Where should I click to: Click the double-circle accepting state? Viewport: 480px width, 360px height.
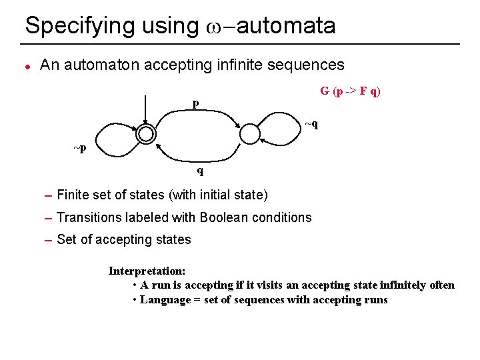[x=145, y=134]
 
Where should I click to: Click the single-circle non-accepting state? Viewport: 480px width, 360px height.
[x=249, y=134]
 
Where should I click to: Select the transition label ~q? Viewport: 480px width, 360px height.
[x=311, y=124]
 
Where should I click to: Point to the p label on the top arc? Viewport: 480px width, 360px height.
[x=195, y=103]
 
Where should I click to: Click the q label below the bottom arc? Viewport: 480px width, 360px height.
[x=199, y=170]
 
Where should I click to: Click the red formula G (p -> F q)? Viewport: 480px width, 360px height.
[x=350, y=91]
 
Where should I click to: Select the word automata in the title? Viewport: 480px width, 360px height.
[x=287, y=27]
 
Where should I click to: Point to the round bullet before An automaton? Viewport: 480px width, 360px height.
[x=27, y=65]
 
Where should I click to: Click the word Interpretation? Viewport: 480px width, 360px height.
[x=147, y=271]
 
